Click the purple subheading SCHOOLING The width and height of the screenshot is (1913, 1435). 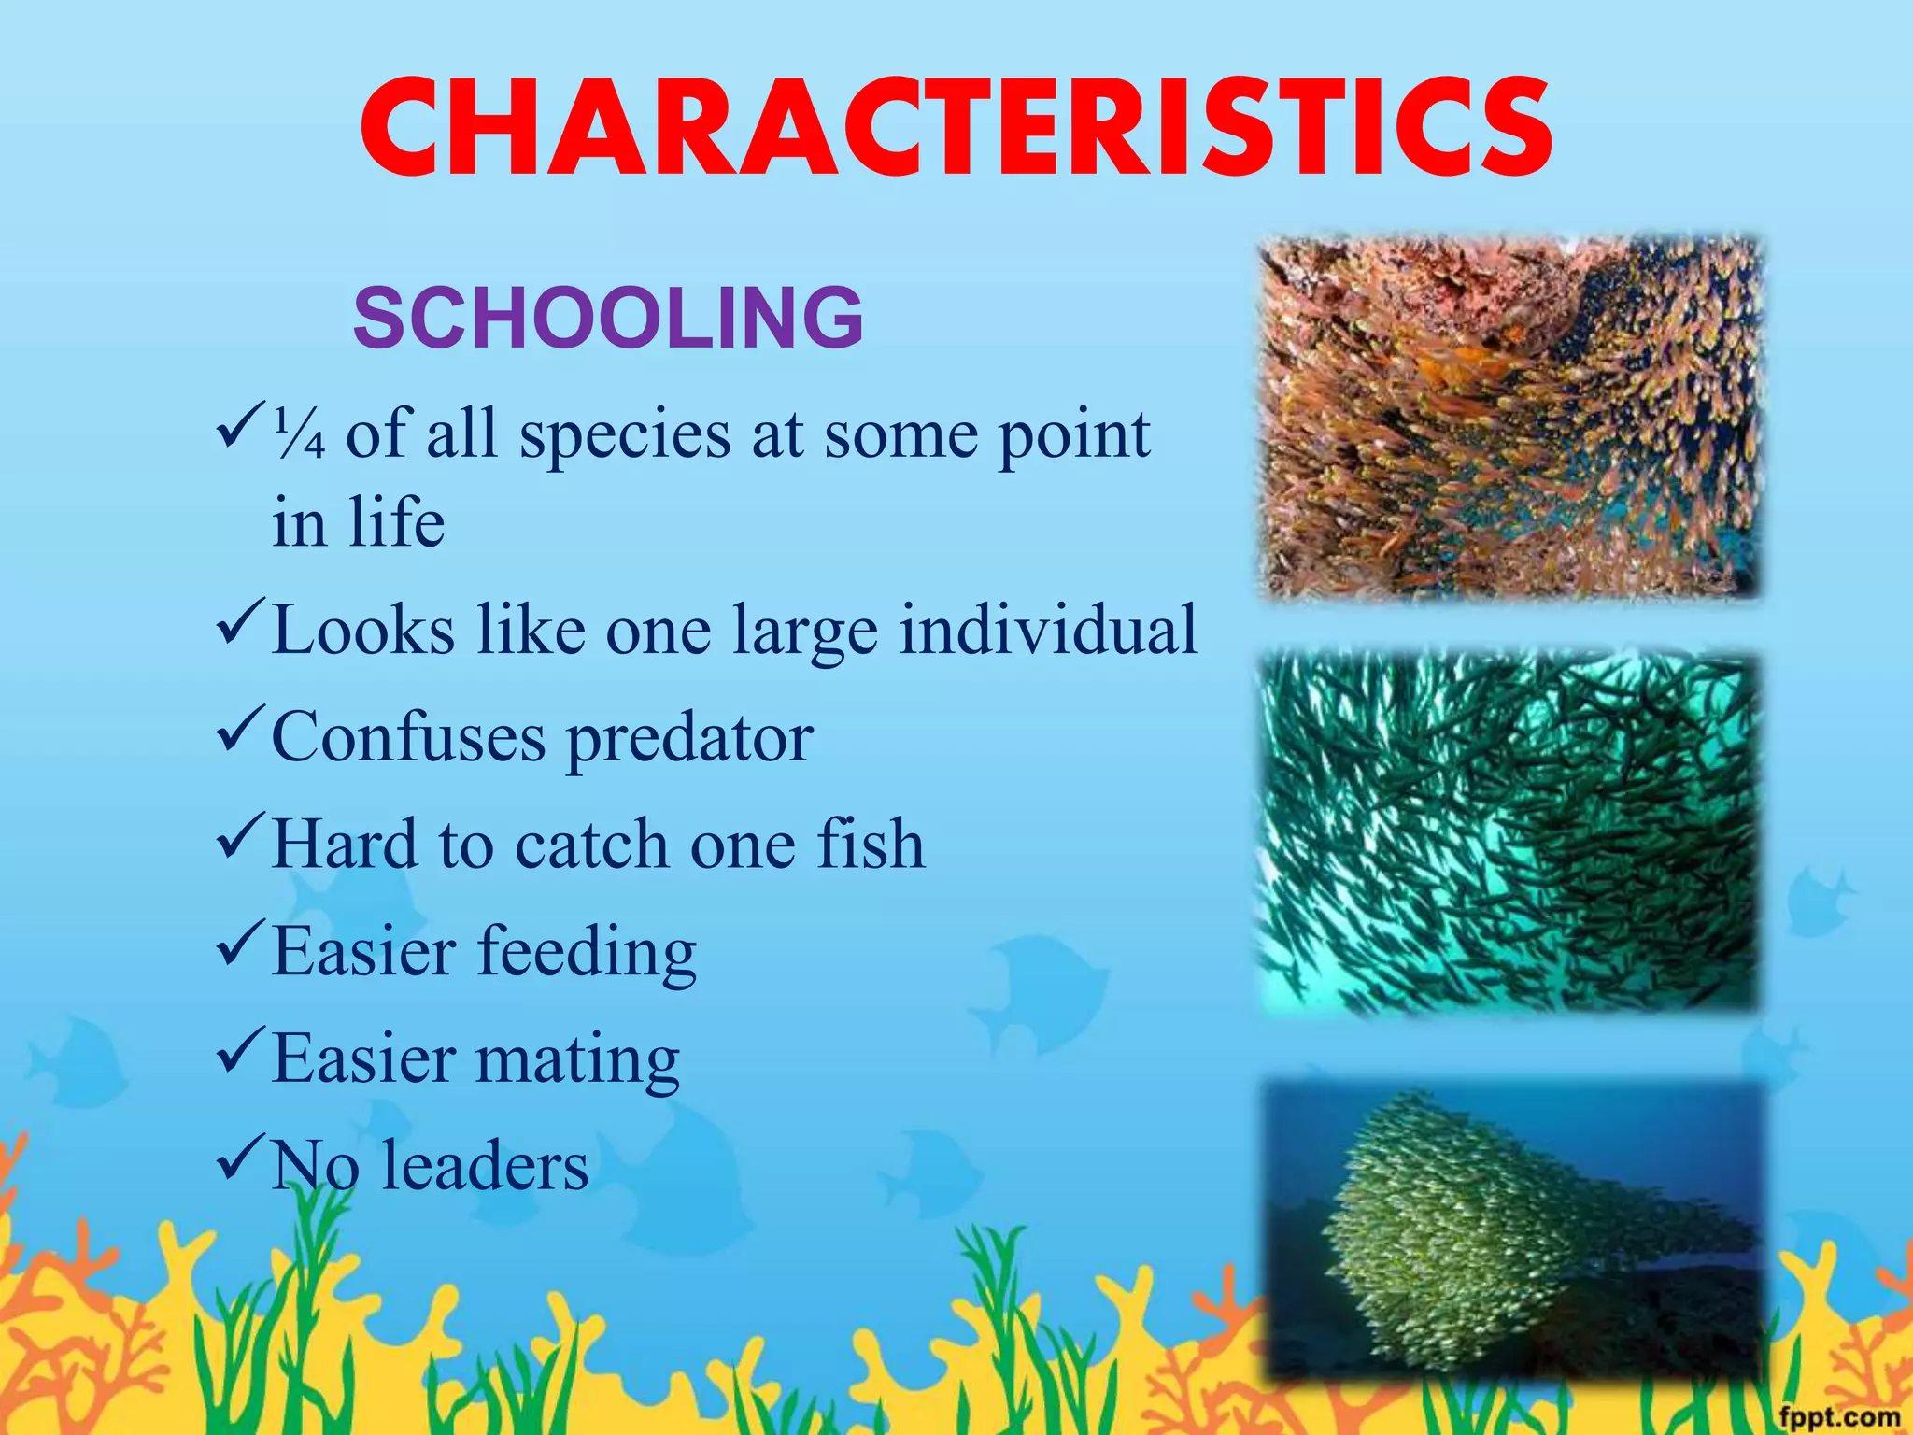click(x=608, y=318)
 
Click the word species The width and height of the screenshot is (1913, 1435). click(x=625, y=437)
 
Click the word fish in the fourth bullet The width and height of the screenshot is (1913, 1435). click(x=871, y=843)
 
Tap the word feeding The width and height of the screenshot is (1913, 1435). click(x=588, y=954)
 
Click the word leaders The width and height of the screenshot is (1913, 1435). click(x=485, y=1166)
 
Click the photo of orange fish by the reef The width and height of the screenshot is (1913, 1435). click(x=1510, y=418)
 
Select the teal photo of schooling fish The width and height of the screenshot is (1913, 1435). click(x=1509, y=833)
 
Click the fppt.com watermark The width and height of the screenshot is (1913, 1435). click(x=1838, y=1415)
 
